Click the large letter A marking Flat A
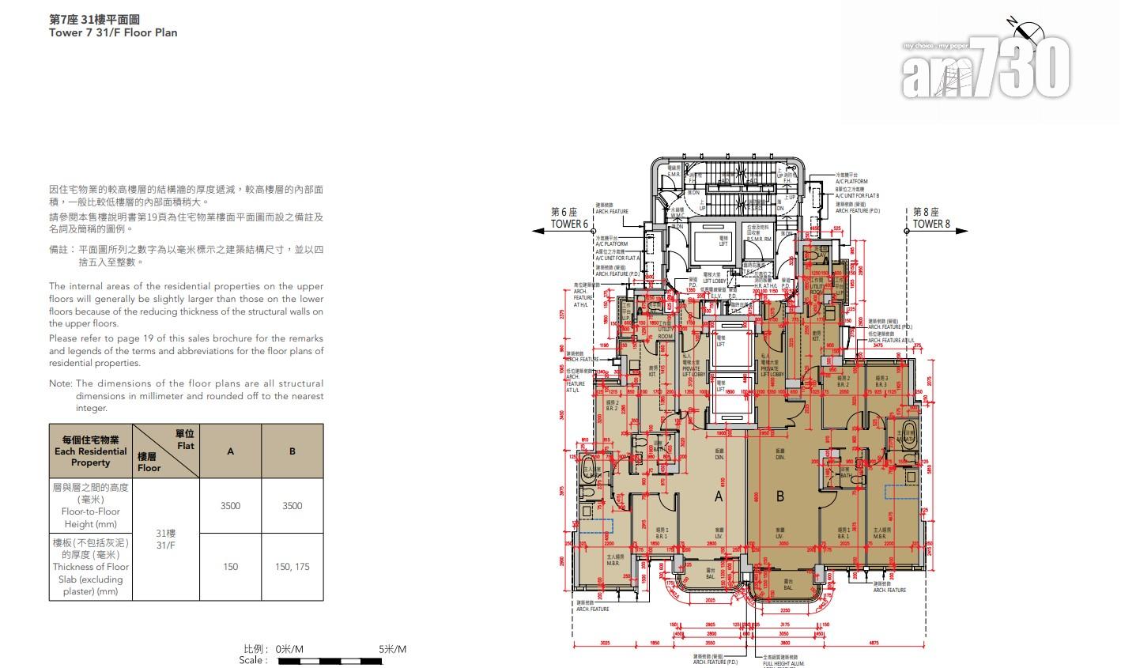(719, 496)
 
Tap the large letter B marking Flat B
(779, 496)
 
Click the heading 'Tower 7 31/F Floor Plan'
(113, 33)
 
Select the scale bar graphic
(342, 660)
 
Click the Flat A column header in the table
(230, 451)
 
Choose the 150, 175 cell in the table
(292, 567)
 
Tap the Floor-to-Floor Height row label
(90, 506)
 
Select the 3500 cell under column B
(292, 506)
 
